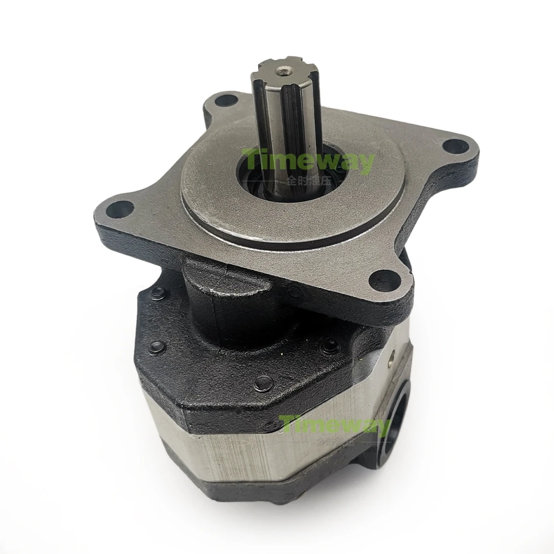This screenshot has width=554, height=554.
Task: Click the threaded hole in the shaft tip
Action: tap(284, 70)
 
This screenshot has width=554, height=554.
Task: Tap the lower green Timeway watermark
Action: tap(335, 426)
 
